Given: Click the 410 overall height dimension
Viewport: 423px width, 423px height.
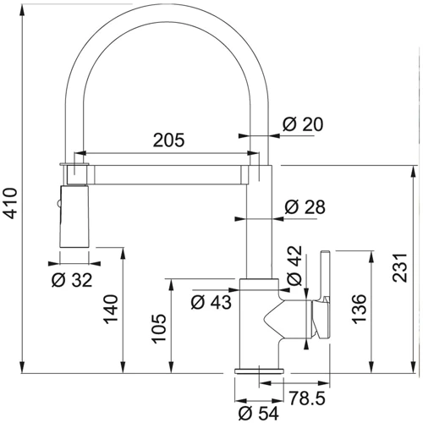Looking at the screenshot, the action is pos(11,203).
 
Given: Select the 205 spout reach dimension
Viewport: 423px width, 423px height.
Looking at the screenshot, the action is pos(169,140).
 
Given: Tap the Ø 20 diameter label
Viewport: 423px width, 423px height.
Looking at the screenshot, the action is pos(303,124).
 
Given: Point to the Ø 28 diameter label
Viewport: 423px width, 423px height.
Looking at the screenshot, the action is pos(305,207).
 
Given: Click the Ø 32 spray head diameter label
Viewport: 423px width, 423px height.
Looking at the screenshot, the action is pos(72,280).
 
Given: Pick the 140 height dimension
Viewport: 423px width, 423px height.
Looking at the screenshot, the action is pos(111,309).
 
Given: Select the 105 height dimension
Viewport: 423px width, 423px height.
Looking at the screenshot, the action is pos(159,328).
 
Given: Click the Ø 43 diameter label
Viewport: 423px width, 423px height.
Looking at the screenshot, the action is pos(211,303).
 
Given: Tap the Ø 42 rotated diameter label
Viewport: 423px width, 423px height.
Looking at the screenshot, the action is pos(294,266).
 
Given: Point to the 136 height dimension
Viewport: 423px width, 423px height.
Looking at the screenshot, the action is pos(359,309).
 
